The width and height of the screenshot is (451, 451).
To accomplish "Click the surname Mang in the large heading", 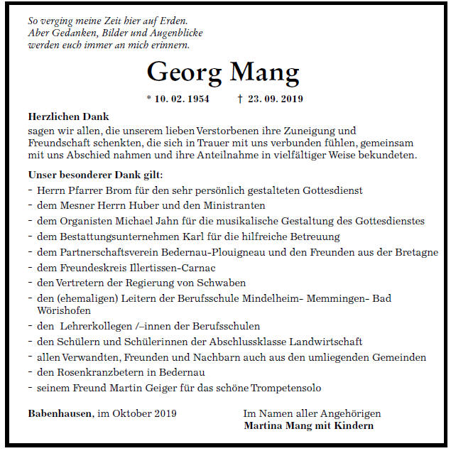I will (x=264, y=72).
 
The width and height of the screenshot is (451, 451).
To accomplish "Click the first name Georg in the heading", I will (x=184, y=72).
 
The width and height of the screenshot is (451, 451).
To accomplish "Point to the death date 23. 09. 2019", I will (x=276, y=99).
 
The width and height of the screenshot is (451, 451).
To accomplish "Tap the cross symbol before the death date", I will (x=240, y=99).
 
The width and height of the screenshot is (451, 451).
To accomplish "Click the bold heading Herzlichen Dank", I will (x=69, y=116).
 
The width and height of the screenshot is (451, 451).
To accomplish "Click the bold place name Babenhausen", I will (x=60, y=413).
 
